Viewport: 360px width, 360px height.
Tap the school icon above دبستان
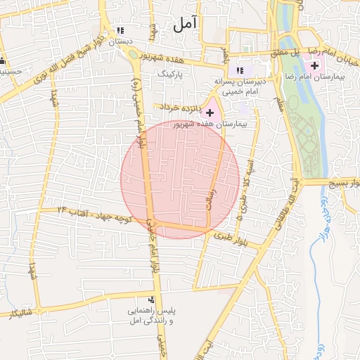point(121,30)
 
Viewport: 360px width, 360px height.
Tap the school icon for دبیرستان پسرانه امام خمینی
point(240,70)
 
